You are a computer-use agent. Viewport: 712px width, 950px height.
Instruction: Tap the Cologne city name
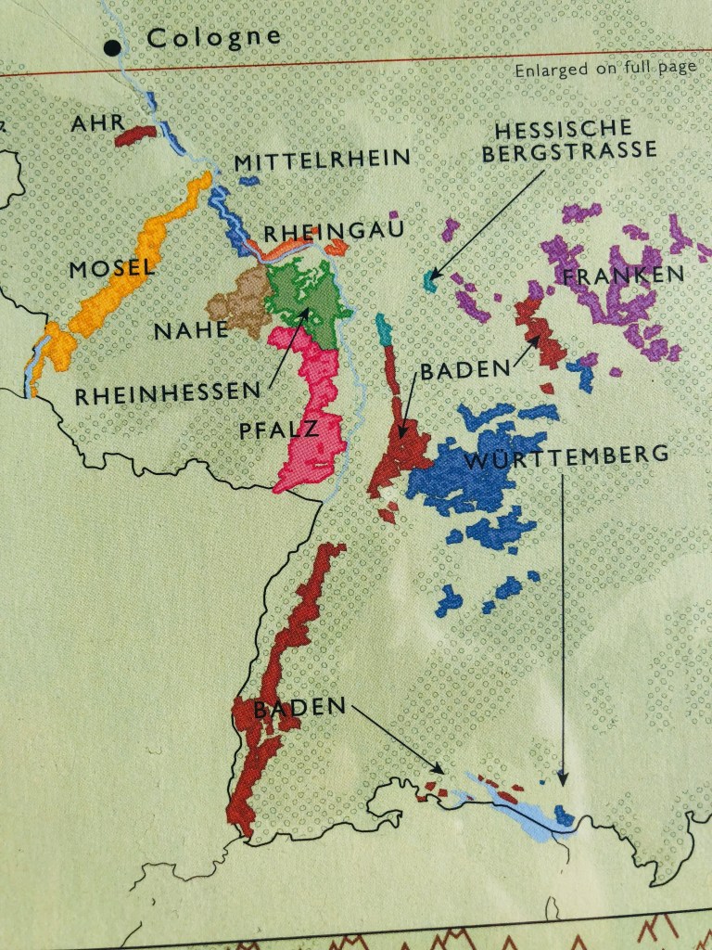pos(213,37)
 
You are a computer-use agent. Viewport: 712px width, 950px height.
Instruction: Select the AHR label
pos(98,122)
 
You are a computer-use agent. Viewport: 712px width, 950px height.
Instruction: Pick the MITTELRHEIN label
pos(322,160)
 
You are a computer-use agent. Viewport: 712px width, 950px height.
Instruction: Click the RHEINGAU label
pos(334,231)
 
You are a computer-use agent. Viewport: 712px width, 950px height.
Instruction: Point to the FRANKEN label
pos(623,276)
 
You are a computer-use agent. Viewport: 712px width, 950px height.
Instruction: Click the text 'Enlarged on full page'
pos(605,69)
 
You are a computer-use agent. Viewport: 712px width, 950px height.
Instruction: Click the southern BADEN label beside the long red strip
pos(299,707)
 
